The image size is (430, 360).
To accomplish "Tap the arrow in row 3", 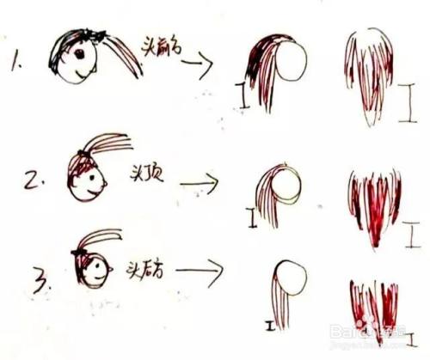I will point(200,276).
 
